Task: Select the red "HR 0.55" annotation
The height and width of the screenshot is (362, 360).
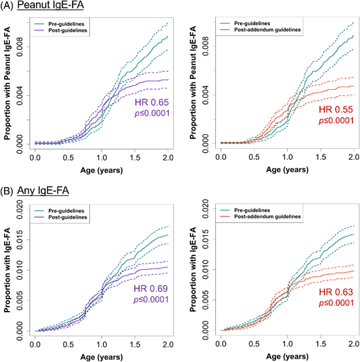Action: point(335,110)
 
